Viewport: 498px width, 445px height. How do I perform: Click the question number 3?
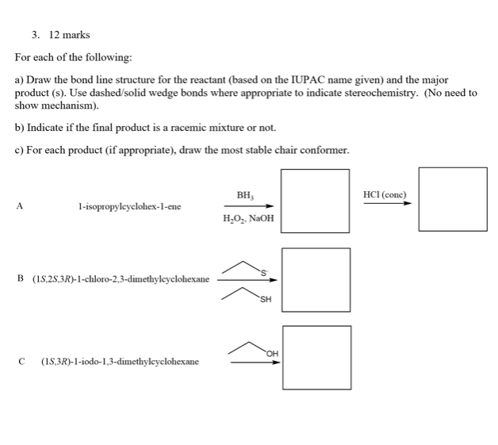35,35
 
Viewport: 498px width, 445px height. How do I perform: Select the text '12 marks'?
69,35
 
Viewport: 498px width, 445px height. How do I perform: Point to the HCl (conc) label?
385,194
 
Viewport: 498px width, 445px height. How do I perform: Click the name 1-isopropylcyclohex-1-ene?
129,206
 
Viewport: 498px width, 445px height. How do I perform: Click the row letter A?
19,205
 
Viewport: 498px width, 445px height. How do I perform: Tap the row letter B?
19,279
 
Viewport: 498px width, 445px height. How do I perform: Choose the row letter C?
19,361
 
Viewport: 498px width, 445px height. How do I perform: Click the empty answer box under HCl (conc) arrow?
453,199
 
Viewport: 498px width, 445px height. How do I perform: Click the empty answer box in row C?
316,358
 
